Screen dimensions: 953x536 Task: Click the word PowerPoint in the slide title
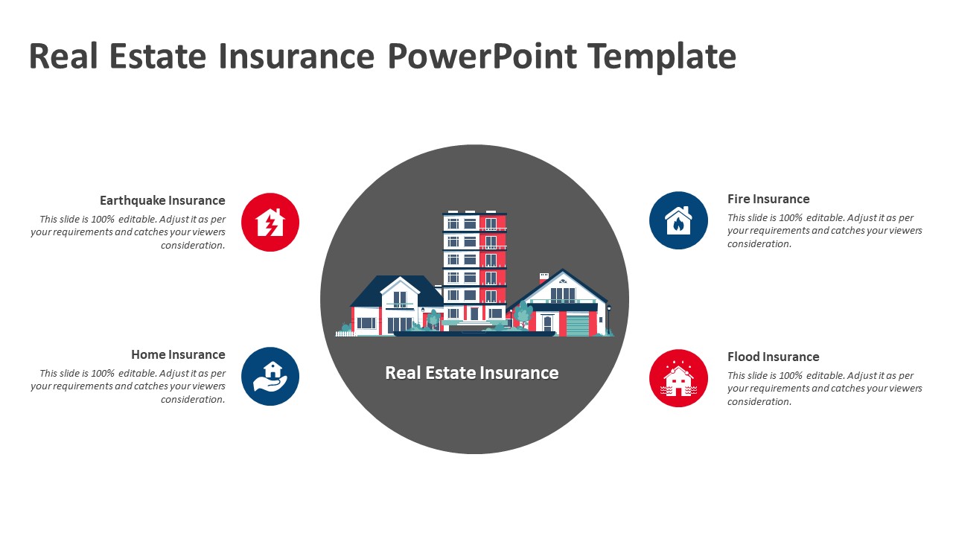tap(482, 56)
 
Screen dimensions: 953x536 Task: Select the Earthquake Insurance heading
tap(162, 200)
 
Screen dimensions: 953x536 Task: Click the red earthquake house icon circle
tap(270, 222)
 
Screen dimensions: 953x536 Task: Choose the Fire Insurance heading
tap(768, 199)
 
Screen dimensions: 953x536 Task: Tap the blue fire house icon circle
tap(678, 220)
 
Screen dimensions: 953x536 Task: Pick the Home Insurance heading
tap(178, 354)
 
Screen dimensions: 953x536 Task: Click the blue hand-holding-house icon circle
tap(270, 376)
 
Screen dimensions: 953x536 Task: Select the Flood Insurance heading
tap(773, 357)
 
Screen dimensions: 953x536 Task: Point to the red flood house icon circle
tap(678, 378)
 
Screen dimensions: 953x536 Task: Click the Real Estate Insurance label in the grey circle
tap(472, 373)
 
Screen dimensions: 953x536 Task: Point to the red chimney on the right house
tap(544, 278)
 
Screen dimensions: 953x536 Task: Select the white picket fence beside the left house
tap(346, 334)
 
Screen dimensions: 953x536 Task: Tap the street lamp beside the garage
tap(609, 320)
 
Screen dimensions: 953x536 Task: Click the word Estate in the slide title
tap(158, 56)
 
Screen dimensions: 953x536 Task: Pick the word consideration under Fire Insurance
tap(759, 243)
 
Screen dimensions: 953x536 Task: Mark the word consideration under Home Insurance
tap(193, 400)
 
